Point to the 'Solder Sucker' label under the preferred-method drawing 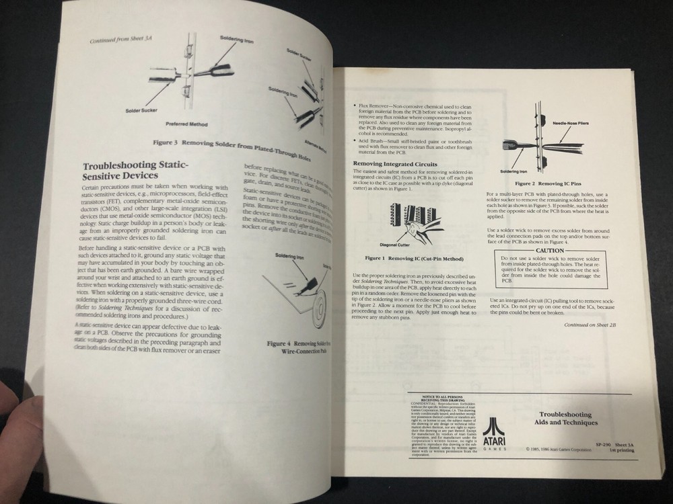point(140,110)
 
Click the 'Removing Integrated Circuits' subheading point(396,164)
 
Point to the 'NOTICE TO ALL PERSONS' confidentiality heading point(433,398)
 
